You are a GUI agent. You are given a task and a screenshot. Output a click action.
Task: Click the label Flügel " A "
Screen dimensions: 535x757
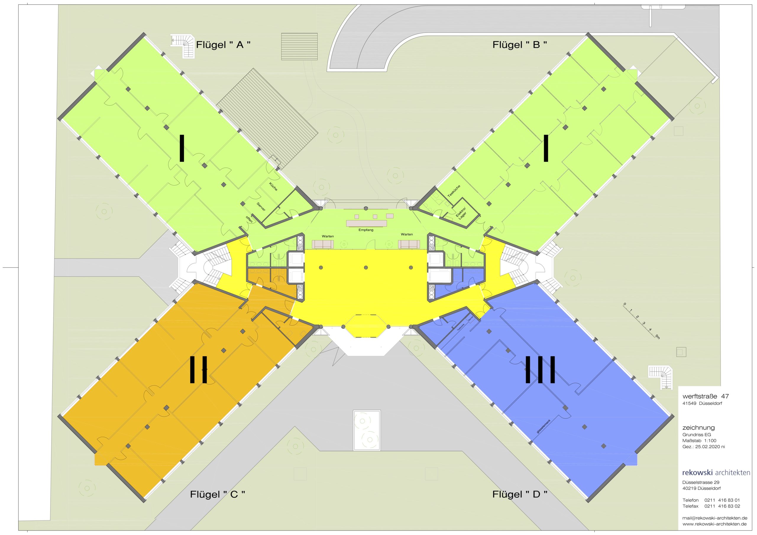pos(223,45)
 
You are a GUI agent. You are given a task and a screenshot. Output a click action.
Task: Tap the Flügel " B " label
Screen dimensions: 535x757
pos(520,45)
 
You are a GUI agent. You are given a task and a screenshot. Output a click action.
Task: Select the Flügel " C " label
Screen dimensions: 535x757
pos(217,494)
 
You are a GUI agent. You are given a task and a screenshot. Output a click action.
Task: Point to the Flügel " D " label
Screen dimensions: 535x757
pos(520,494)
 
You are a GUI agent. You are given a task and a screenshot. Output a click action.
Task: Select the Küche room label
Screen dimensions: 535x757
pos(273,187)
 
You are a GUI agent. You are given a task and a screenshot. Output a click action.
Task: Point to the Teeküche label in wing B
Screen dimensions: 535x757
pos(454,191)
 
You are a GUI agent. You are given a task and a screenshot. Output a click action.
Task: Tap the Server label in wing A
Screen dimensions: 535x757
pos(261,207)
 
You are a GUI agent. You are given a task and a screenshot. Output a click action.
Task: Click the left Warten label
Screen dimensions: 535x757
pos(328,236)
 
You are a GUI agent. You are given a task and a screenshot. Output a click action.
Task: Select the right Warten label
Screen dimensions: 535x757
pos(407,234)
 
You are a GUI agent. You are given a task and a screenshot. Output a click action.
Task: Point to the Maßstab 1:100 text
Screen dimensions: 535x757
pos(699,440)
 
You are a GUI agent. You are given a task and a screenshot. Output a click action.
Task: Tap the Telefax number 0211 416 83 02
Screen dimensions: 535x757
pos(722,506)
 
